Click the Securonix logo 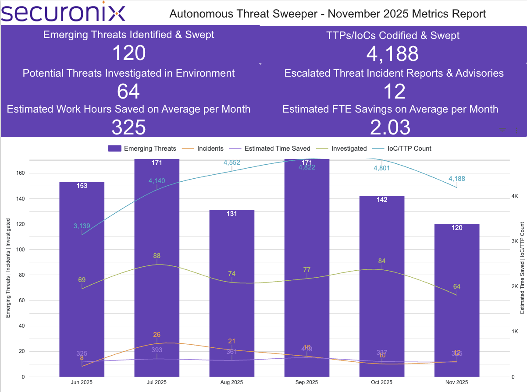[x=63, y=13]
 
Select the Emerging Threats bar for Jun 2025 [x=82, y=280]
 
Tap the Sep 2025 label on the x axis [x=306, y=382]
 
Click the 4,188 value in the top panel [x=392, y=54]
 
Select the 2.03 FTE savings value [x=390, y=127]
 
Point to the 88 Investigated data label [x=157, y=256]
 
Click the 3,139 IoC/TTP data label [x=82, y=226]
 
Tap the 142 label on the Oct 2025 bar [x=381, y=200]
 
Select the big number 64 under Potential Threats [x=128, y=91]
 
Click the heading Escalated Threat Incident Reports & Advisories [x=394, y=73]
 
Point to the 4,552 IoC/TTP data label [x=231, y=162]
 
